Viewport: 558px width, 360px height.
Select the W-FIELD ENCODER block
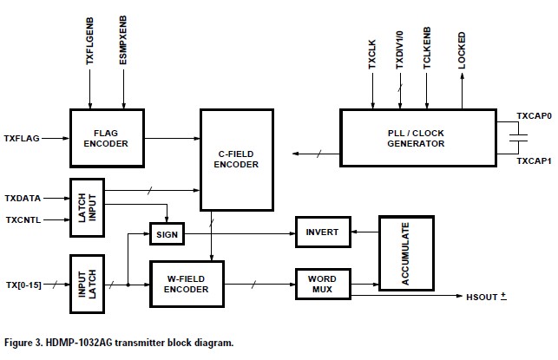(186, 284)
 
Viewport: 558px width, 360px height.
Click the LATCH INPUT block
(87, 208)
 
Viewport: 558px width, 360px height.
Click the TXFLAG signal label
(23, 138)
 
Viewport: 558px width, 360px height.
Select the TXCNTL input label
(23, 220)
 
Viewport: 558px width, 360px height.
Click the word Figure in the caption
(23, 343)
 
